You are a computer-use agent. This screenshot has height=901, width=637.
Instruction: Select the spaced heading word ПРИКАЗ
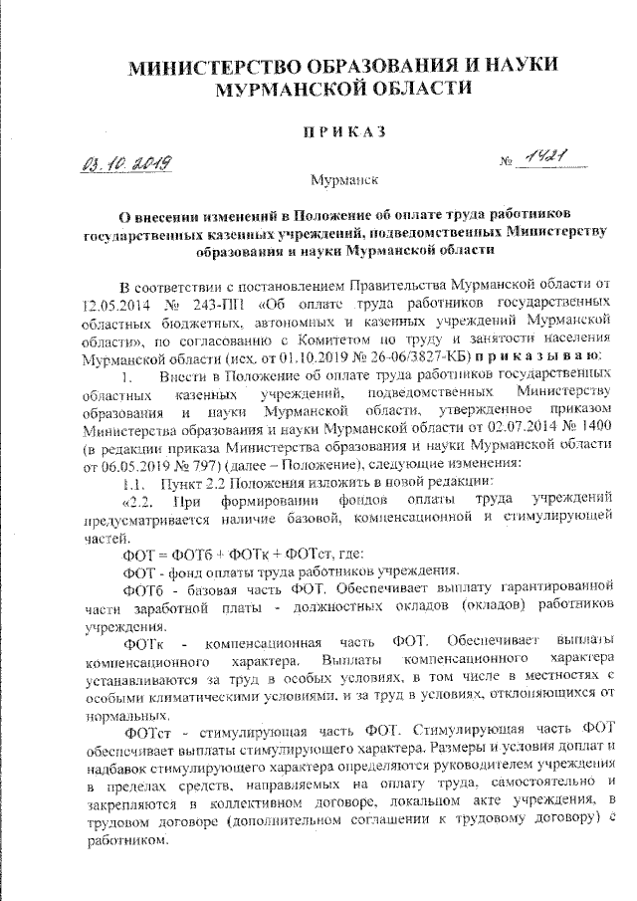point(344,131)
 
